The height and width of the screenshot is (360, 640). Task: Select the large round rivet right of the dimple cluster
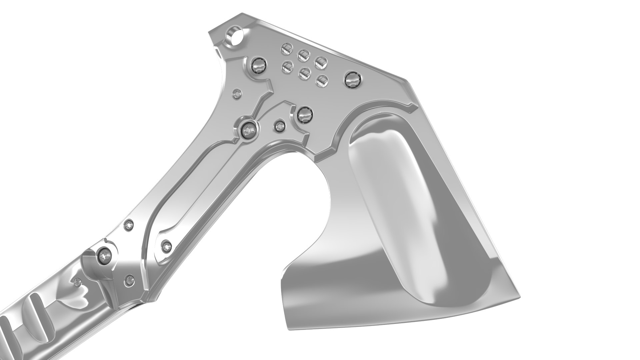point(353,79)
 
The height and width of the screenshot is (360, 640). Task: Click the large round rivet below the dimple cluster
point(304,115)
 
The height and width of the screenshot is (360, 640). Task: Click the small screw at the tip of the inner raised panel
point(166,247)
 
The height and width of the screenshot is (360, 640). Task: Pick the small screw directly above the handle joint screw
point(129,226)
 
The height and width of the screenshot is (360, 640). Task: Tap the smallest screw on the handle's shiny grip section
point(78,282)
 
